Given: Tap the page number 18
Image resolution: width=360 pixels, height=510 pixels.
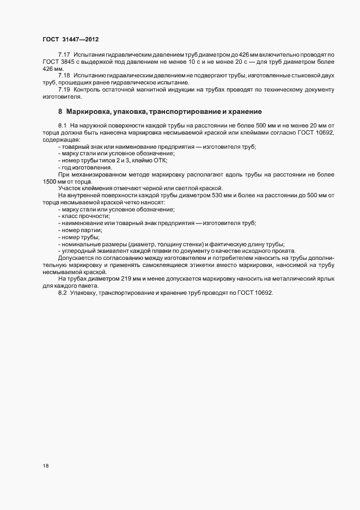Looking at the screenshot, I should click(46, 466).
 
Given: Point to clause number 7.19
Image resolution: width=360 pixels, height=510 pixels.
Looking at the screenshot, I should click(64, 89).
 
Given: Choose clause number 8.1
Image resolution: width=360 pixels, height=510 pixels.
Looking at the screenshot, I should click(62, 126).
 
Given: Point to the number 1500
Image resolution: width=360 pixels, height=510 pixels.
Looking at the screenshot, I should click(50, 181).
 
